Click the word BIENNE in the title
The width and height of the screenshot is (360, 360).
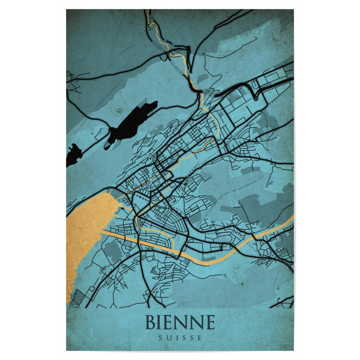(179, 322)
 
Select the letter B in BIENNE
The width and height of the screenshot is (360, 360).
(152, 322)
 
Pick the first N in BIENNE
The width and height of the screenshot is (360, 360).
(184, 322)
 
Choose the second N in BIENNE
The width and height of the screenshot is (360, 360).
(197, 322)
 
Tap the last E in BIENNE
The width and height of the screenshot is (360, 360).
(209, 322)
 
